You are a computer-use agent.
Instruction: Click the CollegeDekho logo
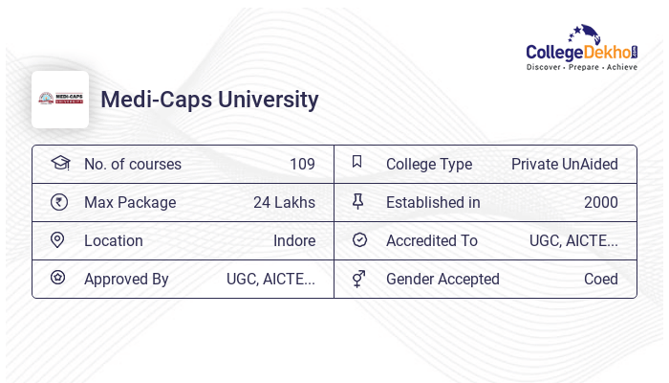(x=582, y=48)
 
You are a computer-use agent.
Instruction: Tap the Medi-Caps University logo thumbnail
(x=60, y=100)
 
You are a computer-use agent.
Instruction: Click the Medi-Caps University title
(x=209, y=100)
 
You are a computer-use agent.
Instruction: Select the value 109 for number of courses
(x=302, y=164)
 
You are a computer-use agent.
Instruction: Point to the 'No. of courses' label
(x=132, y=164)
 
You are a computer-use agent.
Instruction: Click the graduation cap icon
(x=59, y=163)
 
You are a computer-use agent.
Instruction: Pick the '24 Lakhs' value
(x=284, y=202)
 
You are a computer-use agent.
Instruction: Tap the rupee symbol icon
(x=58, y=202)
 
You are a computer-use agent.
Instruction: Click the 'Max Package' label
(x=130, y=202)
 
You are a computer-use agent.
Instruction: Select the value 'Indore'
(x=294, y=240)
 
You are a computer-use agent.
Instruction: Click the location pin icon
(x=57, y=239)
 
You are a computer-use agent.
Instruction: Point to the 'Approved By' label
(x=126, y=279)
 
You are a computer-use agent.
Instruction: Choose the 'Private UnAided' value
(x=564, y=164)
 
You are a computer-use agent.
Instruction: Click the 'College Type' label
(x=429, y=164)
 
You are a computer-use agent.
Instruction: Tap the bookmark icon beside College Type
(x=357, y=162)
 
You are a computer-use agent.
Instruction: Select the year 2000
(x=601, y=202)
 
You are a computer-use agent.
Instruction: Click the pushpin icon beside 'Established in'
(x=358, y=201)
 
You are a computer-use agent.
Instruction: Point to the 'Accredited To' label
(x=432, y=240)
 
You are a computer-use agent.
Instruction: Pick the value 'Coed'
(x=601, y=279)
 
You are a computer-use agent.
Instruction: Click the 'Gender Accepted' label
(x=442, y=279)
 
